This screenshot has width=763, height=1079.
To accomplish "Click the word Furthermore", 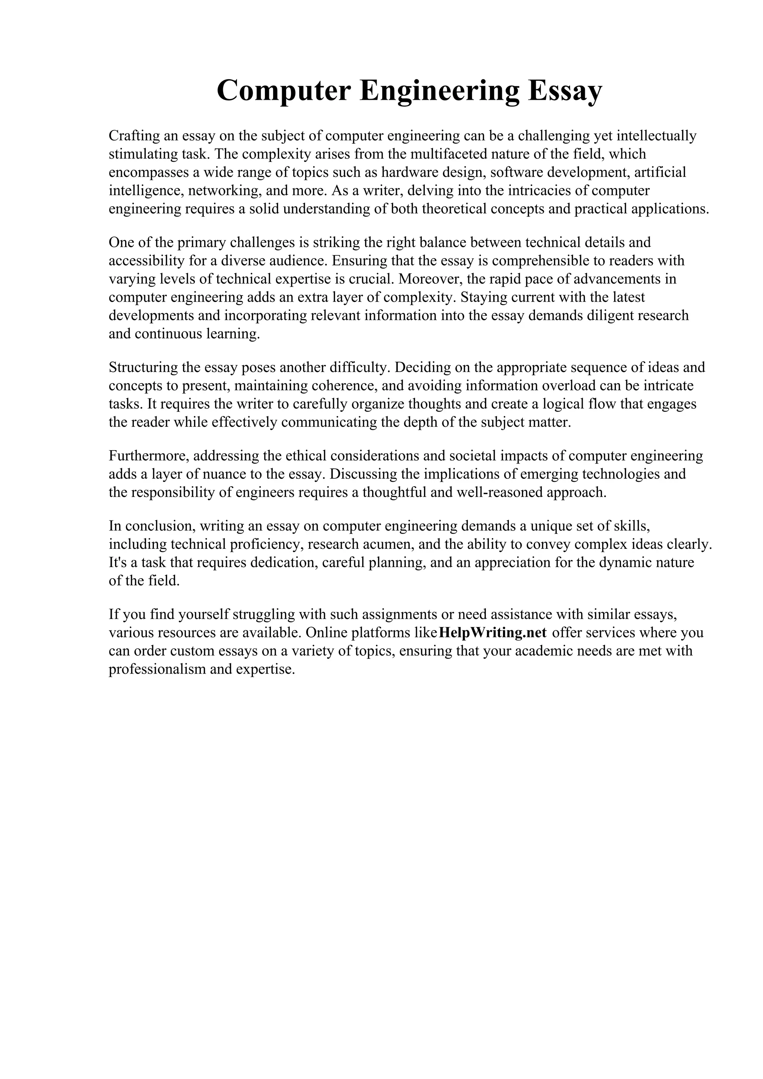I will [x=149, y=456].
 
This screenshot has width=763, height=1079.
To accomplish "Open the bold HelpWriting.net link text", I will [x=492, y=633].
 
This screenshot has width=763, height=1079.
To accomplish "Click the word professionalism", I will [x=157, y=669].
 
